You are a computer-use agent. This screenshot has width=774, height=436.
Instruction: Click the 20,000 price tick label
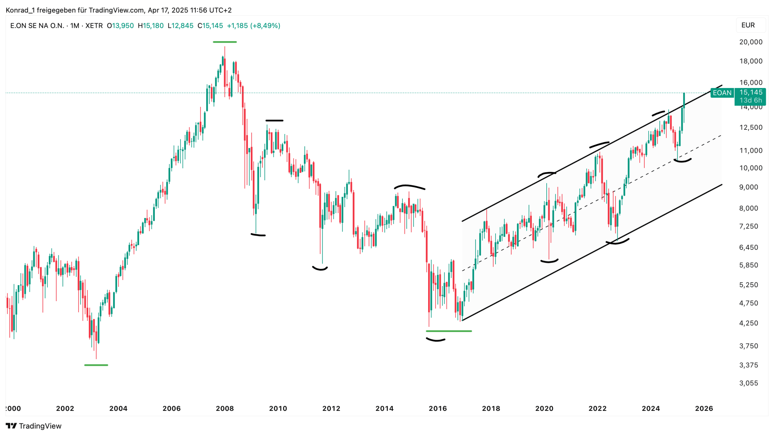[750, 42]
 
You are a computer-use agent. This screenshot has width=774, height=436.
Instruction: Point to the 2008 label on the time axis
[225, 408]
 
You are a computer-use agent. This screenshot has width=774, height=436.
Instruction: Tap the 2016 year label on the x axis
[437, 408]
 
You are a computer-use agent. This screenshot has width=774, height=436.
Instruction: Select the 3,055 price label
[748, 383]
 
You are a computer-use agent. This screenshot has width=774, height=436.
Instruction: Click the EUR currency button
[748, 25]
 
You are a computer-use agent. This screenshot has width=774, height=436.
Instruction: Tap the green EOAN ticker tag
[722, 93]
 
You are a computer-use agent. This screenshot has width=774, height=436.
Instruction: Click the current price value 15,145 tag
[751, 93]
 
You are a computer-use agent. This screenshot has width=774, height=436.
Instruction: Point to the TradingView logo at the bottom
[34, 426]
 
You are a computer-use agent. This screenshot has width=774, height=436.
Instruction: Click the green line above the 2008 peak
[225, 42]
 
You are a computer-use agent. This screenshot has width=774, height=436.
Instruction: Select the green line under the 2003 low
[96, 365]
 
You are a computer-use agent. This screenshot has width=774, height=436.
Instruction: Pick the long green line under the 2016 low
[449, 331]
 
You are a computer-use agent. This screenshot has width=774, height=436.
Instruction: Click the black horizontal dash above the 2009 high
[274, 121]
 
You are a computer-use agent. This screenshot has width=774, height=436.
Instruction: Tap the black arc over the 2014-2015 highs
[409, 187]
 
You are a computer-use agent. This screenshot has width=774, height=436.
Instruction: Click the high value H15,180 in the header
[151, 26]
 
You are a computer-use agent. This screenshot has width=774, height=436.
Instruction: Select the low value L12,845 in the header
[180, 26]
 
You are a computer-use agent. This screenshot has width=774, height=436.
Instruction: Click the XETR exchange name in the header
[94, 26]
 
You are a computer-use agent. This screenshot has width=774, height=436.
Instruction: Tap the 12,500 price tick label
[750, 127]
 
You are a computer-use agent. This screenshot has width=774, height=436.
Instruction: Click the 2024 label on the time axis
[651, 408]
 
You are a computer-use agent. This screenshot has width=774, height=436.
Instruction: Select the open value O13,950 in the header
[120, 26]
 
